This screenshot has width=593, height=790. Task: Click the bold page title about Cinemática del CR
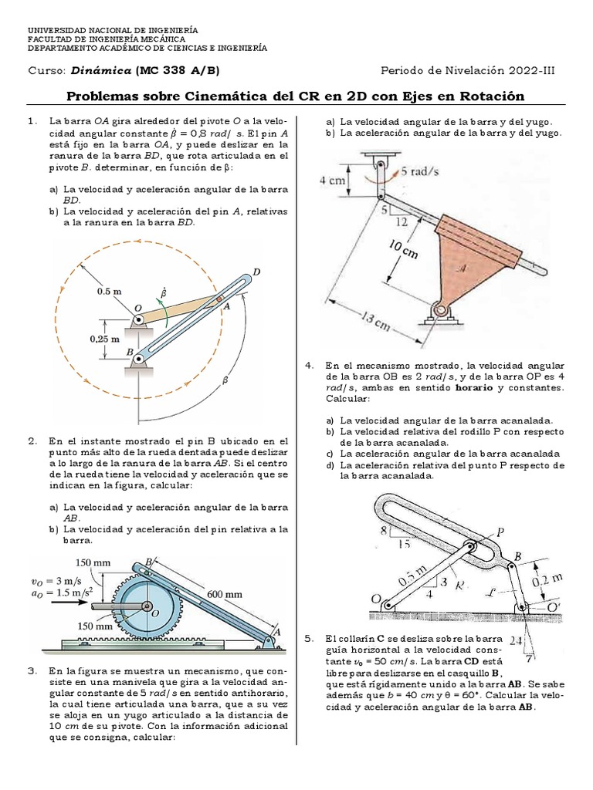pos(296,96)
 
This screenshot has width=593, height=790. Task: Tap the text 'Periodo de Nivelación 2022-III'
pos(467,71)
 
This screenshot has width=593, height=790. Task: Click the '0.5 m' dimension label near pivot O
pos(110,292)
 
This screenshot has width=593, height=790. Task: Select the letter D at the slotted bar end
pos(256,272)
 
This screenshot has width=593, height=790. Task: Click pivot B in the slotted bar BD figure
pos(139,358)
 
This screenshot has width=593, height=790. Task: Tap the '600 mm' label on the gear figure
pos(224,594)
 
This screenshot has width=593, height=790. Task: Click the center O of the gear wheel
pos(154,613)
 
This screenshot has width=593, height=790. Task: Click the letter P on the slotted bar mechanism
pos(500,532)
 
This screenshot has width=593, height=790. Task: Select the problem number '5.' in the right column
pos(310,639)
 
